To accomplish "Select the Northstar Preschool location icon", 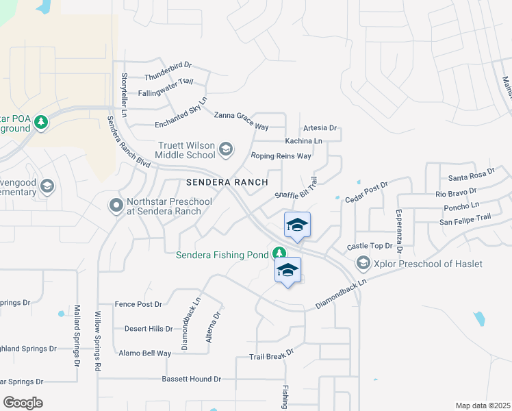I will (x=116, y=204).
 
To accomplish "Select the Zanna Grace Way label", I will (x=241, y=121).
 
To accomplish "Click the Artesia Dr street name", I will (x=320, y=128).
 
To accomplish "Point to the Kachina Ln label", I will (x=304, y=141).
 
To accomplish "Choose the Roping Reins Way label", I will (x=281, y=156).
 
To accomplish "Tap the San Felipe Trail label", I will (x=465, y=219).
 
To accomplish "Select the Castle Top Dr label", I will (x=369, y=245).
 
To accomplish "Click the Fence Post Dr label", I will (x=138, y=304).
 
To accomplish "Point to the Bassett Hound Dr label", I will (x=191, y=379).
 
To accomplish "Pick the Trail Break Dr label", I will (x=271, y=355).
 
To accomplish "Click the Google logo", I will (x=23, y=403).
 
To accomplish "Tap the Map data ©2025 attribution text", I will (x=483, y=406).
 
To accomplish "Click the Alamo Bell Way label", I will (x=144, y=353).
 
